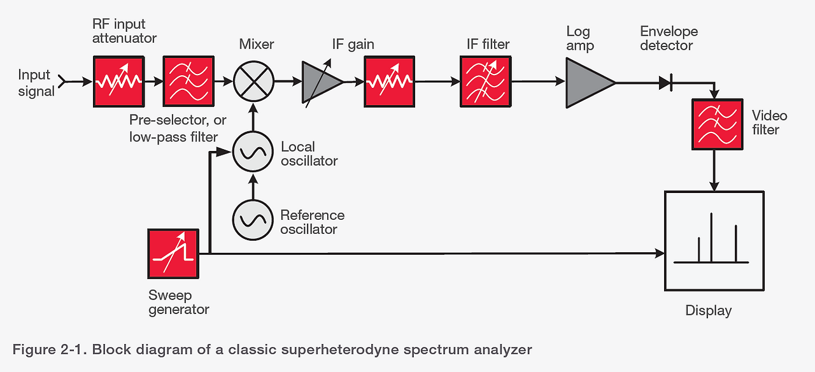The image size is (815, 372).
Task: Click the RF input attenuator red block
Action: (119, 81)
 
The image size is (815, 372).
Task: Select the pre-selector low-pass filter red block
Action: (188, 81)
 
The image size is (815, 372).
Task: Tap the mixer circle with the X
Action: (253, 82)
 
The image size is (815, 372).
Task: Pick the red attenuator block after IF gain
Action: (389, 81)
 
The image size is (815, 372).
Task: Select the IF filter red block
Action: (485, 81)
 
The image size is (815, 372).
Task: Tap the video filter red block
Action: (718, 124)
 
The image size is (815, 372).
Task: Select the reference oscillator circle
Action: (253, 220)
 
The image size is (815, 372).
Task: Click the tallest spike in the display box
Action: (711, 237)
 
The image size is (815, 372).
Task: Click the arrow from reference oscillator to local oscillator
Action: (253, 187)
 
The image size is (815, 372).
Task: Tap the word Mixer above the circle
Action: (257, 44)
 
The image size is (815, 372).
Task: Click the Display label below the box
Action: (708, 311)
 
